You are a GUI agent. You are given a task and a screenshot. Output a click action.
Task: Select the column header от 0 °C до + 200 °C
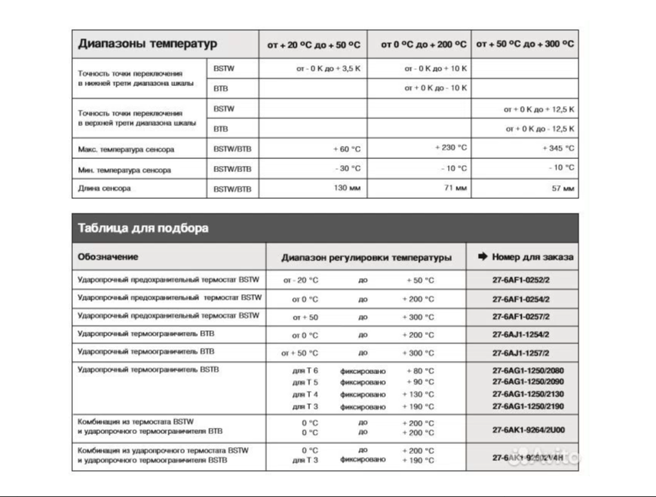(424, 45)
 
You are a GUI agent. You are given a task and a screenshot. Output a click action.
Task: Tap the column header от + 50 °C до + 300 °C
(525, 45)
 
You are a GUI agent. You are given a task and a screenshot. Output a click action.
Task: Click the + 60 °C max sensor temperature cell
(347, 148)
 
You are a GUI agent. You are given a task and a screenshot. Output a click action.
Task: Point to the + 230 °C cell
(450, 147)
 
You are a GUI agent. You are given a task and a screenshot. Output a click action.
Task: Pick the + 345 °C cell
(558, 148)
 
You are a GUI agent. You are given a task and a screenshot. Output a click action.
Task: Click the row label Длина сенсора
(104, 188)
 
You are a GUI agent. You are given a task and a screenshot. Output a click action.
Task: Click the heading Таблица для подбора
(143, 228)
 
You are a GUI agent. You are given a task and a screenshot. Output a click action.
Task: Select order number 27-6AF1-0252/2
(521, 280)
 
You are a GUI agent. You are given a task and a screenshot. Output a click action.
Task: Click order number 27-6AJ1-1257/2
(521, 353)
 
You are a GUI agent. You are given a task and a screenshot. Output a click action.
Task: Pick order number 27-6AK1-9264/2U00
(522, 428)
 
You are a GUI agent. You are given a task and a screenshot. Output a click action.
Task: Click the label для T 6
(305, 371)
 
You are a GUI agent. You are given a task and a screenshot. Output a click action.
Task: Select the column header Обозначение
(108, 257)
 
